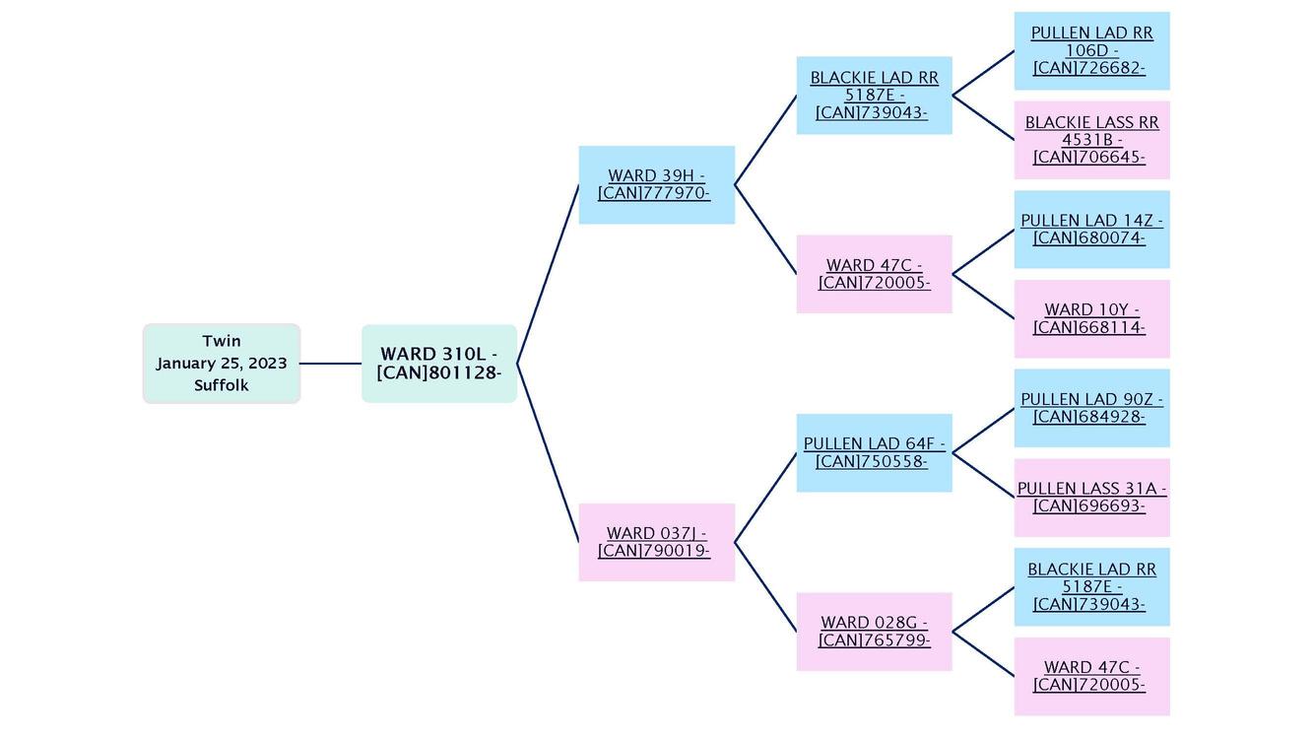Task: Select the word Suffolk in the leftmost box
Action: point(221,385)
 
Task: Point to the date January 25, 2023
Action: point(221,363)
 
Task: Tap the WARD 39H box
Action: point(656,184)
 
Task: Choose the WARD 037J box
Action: point(656,542)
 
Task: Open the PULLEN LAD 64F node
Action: point(874,452)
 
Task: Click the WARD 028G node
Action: point(874,631)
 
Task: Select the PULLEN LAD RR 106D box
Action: point(1091,50)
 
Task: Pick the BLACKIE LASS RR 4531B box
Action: point(1091,140)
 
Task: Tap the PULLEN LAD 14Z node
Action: point(1091,229)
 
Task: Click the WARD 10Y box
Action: point(1091,318)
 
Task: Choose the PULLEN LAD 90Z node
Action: point(1091,408)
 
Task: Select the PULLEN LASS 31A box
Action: point(1091,497)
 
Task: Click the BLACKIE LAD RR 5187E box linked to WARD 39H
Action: point(874,95)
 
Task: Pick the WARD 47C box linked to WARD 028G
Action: point(1091,676)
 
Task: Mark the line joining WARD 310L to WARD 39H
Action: point(548,274)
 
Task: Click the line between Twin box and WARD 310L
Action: point(330,364)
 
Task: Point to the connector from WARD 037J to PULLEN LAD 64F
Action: point(765,498)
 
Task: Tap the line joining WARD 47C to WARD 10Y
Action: point(983,296)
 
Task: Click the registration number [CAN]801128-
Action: point(438,372)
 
